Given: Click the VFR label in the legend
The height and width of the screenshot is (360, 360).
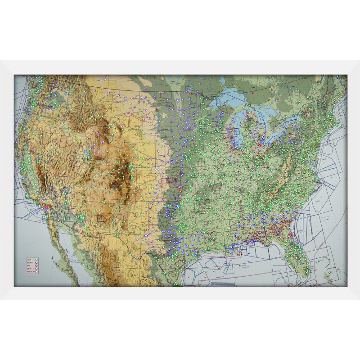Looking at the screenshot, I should point(29,260).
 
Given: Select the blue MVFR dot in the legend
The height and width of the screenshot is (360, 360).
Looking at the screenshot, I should point(36,263).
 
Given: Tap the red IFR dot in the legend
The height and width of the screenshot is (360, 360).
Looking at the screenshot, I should point(36,265).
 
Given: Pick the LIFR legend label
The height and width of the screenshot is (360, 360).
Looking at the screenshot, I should point(29,269).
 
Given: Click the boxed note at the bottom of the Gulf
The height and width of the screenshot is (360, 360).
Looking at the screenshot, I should point(223,283).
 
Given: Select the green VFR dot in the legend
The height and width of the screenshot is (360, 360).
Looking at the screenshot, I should point(36,260).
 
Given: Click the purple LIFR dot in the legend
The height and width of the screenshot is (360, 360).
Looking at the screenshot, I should point(36,269).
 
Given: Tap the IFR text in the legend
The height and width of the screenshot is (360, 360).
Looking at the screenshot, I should point(28,265).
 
